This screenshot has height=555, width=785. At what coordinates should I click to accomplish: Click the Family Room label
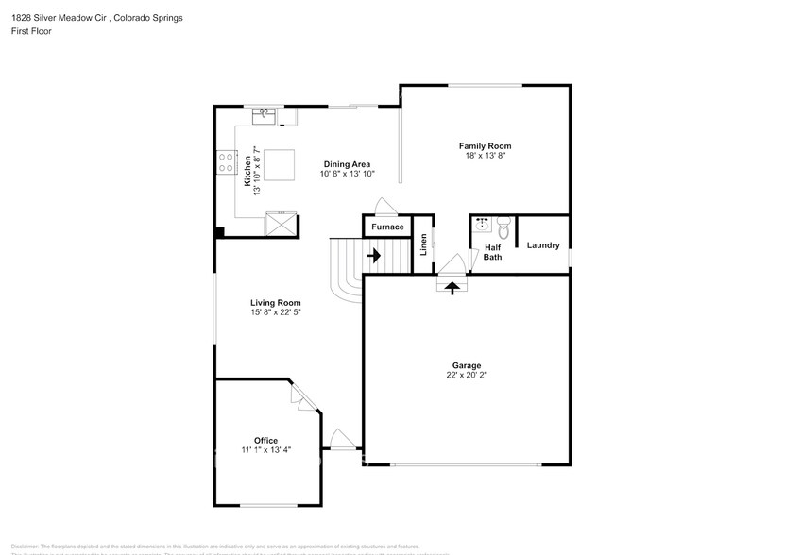coord(485,145)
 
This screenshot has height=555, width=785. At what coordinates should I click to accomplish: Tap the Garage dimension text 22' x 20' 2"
coord(467,375)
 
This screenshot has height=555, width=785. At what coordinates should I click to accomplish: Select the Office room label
coord(265,440)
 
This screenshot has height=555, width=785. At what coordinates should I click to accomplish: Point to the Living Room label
coord(275,303)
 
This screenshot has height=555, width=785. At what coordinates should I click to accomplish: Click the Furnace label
coord(387,227)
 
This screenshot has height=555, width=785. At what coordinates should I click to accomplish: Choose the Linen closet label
coord(424,244)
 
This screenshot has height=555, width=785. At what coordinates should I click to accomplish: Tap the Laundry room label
coord(543,245)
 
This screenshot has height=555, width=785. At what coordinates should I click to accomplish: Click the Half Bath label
coord(492,252)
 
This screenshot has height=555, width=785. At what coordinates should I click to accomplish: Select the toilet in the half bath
coord(503,227)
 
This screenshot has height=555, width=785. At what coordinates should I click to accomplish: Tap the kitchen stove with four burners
coord(226,162)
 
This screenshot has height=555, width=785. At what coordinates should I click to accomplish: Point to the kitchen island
coord(279,165)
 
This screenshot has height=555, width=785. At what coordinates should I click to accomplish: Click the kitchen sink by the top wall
coord(264,117)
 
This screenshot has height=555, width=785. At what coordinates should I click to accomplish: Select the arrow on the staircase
coord(373,255)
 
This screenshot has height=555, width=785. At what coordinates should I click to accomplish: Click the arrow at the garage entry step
coord(452,287)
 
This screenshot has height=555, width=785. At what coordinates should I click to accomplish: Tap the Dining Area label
coord(348,163)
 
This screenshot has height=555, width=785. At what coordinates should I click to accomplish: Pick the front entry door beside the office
coord(341,441)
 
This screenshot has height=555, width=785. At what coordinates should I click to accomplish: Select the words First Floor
coord(32,31)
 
